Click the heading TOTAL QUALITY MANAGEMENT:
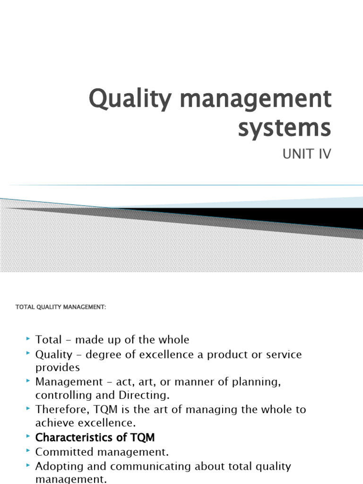[x=61, y=307]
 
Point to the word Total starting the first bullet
[x=49, y=339]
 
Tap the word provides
[x=58, y=367]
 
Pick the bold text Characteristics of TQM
[x=95, y=437]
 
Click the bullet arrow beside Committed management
[x=29, y=451]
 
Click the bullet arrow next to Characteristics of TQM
[x=29, y=437]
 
